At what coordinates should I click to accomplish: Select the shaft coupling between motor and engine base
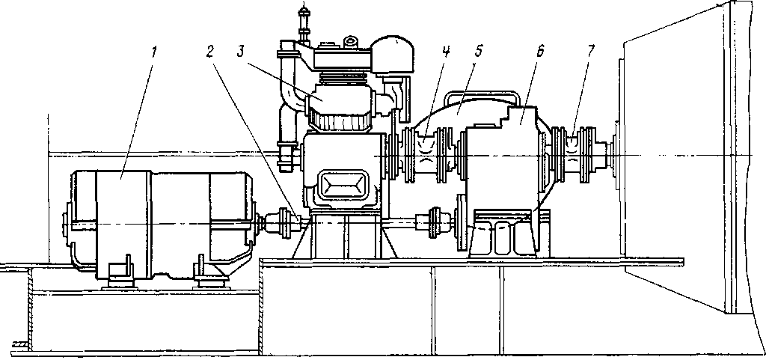285,223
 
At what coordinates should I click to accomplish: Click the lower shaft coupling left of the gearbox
435,223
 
